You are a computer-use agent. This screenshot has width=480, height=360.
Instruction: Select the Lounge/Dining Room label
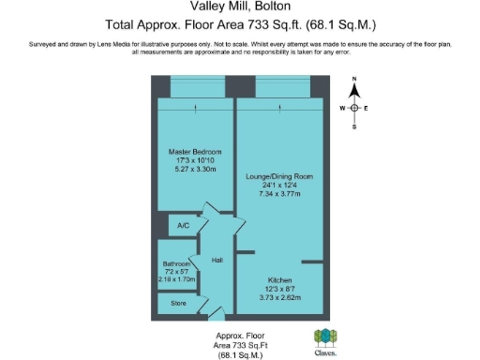tap(280, 177)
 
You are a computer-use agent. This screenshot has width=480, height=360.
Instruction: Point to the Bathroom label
tap(176, 264)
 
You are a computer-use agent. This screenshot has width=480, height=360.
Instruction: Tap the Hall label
tap(216, 261)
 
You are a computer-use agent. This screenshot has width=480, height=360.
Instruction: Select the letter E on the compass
tap(367, 108)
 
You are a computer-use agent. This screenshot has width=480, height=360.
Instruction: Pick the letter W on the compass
tap(342, 108)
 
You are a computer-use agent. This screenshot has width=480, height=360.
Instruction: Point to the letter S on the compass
tap(354, 127)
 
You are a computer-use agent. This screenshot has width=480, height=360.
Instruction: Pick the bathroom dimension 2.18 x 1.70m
tap(176, 279)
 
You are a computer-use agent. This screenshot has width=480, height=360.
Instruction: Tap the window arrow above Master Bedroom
tap(195, 109)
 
